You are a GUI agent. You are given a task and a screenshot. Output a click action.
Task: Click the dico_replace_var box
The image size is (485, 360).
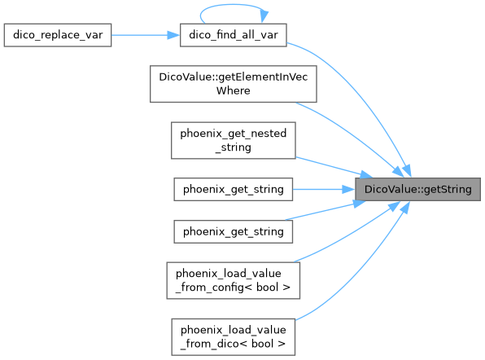pyautogui.click(x=58, y=35)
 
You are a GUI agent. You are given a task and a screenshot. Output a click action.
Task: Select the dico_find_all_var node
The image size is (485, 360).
pyautogui.click(x=234, y=35)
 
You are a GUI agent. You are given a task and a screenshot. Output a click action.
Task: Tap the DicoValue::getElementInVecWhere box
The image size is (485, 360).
pyautogui.click(x=234, y=84)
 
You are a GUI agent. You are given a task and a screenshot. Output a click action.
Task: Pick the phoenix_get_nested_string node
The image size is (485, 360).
pyautogui.click(x=234, y=140)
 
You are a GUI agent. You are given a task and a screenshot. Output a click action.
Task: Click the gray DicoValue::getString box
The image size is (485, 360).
pyautogui.click(x=418, y=189)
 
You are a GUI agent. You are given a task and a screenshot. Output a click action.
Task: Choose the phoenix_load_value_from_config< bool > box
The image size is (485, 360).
pyautogui.click(x=234, y=280)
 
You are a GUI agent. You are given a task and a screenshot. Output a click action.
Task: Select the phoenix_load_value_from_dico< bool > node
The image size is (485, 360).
pyautogui.click(x=234, y=336)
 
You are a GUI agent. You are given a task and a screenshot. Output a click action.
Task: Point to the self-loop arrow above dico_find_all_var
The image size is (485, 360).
pyautogui.click(x=233, y=5)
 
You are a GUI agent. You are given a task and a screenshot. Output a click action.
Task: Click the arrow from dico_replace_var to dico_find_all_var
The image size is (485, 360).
pyautogui.click(x=146, y=35)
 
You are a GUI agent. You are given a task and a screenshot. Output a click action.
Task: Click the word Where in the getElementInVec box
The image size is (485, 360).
pyautogui.click(x=234, y=90)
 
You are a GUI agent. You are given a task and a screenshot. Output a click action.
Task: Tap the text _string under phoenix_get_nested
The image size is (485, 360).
pyautogui.click(x=234, y=147)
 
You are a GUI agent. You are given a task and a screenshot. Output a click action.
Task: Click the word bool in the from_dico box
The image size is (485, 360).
pyautogui.click(x=262, y=344)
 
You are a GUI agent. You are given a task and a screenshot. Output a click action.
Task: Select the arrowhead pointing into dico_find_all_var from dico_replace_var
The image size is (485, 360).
pyautogui.click(x=173, y=35)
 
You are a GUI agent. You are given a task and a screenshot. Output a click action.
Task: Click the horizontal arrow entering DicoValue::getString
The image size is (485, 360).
pyautogui.click(x=324, y=189)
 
